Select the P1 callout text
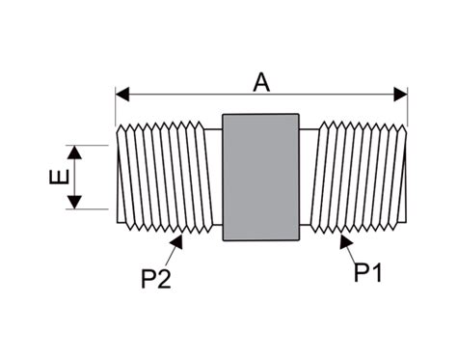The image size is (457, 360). click(x=367, y=273)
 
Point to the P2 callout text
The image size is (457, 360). click(x=155, y=279)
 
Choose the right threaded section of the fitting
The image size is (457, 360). click(x=362, y=177)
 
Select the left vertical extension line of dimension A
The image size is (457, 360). click(x=116, y=106)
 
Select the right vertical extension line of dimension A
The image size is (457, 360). click(x=408, y=106)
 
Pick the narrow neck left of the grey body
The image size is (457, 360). click(x=213, y=177)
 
